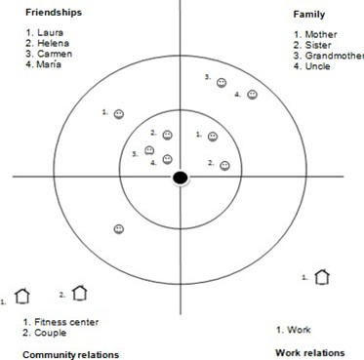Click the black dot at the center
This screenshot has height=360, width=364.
pos(181,177)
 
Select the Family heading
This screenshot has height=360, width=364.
pos(309,15)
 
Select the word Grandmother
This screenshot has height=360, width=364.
pos(333,56)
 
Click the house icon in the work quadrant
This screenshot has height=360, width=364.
pos(322,278)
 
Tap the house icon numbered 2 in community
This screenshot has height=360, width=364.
pos(80,292)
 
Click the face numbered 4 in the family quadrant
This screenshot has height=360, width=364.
pos(252,95)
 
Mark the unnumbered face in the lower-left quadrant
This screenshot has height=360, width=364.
pos(118,229)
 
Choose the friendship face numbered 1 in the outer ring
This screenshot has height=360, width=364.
pos(119,114)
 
